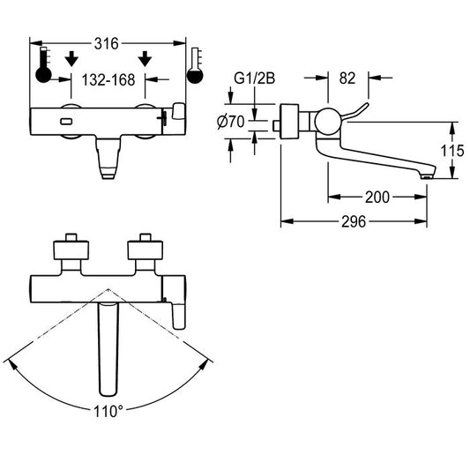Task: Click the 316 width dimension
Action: (107, 44)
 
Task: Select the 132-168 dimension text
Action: (108, 80)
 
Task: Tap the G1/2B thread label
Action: (254, 78)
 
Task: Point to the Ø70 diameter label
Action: (231, 122)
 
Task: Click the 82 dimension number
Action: (347, 78)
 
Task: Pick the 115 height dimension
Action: (452, 151)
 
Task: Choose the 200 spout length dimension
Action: (377, 198)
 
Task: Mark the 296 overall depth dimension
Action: (354, 222)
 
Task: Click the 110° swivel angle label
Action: (108, 411)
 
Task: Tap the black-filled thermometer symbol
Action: (43, 65)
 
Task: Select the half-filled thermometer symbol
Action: (195, 65)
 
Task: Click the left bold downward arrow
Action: (71, 58)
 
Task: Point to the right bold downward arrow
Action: (145, 58)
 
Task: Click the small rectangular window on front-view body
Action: (66, 122)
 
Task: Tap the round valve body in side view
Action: (328, 122)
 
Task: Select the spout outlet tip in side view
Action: (427, 177)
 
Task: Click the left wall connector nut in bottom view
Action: (71, 250)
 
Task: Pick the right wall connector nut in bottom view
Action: (145, 250)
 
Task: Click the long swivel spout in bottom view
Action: (108, 348)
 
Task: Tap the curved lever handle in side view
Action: (356, 113)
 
